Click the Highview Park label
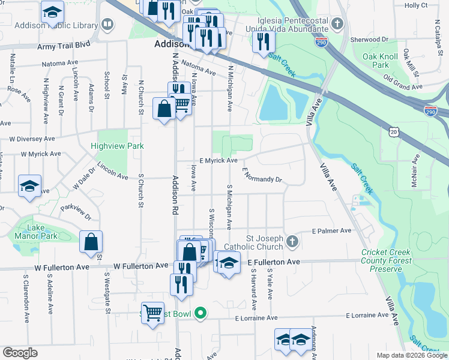pos(118,146)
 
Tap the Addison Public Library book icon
pos(108,25)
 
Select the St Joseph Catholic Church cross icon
pos(292,242)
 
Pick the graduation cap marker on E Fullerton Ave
pos(228,263)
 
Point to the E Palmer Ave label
pos(331,230)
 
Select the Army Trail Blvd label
pos(64,46)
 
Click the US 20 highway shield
pos(393,131)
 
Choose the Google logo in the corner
pos(20,353)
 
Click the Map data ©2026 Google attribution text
pos(411,355)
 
